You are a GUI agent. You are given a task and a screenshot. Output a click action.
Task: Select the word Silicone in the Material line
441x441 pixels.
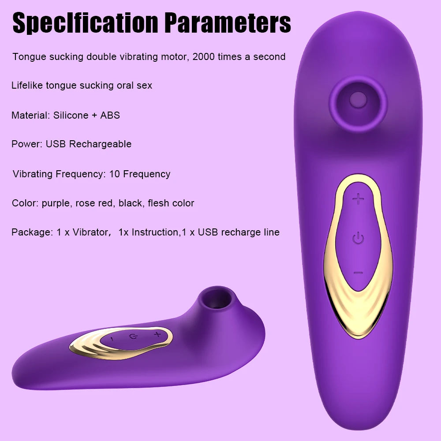tap(71, 116)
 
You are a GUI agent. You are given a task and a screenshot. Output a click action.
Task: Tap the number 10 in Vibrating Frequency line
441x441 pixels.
tap(114, 174)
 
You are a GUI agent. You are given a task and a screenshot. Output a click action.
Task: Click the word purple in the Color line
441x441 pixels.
tap(56, 203)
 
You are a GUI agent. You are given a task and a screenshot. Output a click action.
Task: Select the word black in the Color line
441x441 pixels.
tap(131, 203)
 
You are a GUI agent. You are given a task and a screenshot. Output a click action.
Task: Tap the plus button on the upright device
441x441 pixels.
tap(359, 199)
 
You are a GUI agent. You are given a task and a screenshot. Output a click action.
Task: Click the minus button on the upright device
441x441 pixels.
tap(358, 273)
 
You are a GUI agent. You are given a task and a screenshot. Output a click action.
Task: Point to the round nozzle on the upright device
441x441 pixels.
tap(358, 101)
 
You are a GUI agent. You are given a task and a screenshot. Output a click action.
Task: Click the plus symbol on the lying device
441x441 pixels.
tap(157, 335)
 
